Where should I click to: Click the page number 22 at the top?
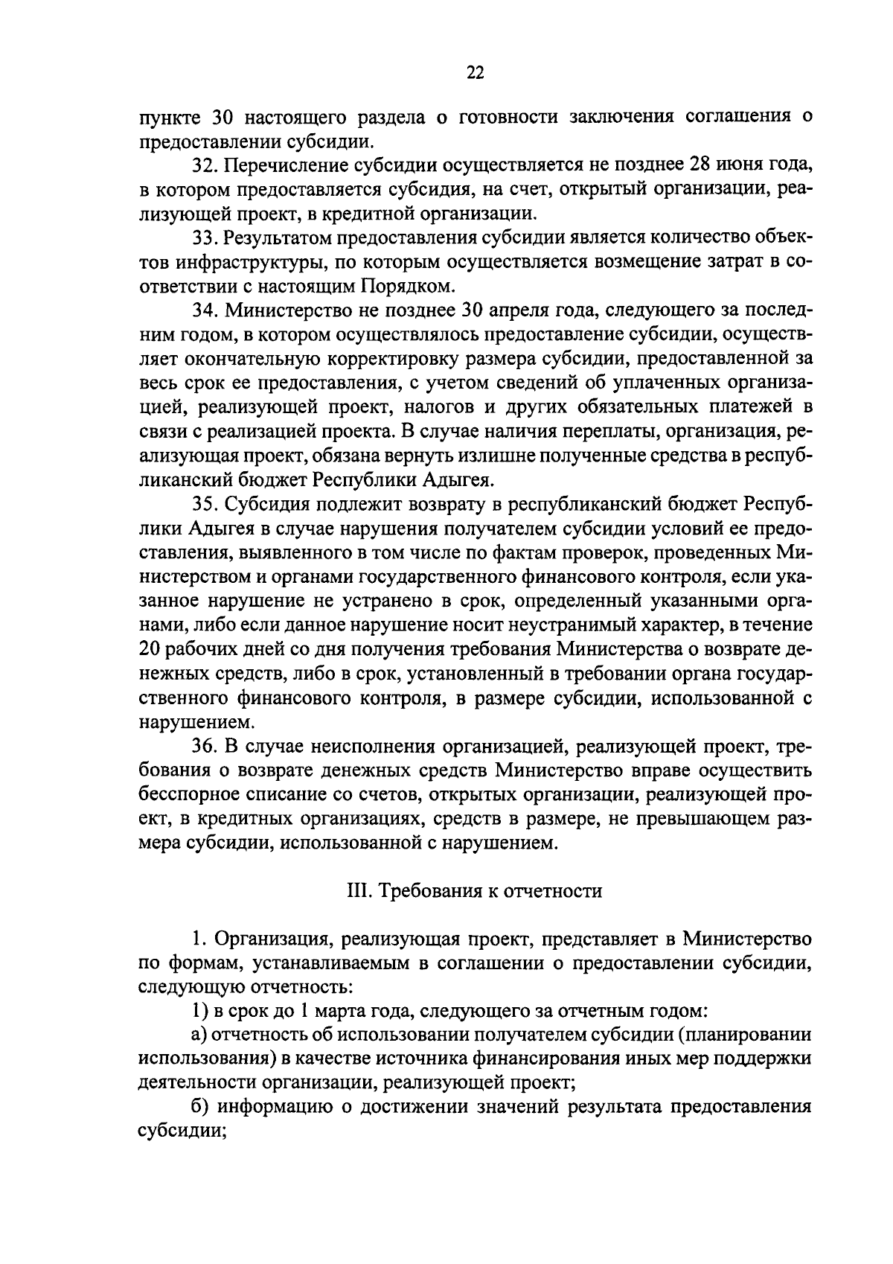(x=475, y=72)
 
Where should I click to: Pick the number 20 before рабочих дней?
(x=149, y=650)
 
